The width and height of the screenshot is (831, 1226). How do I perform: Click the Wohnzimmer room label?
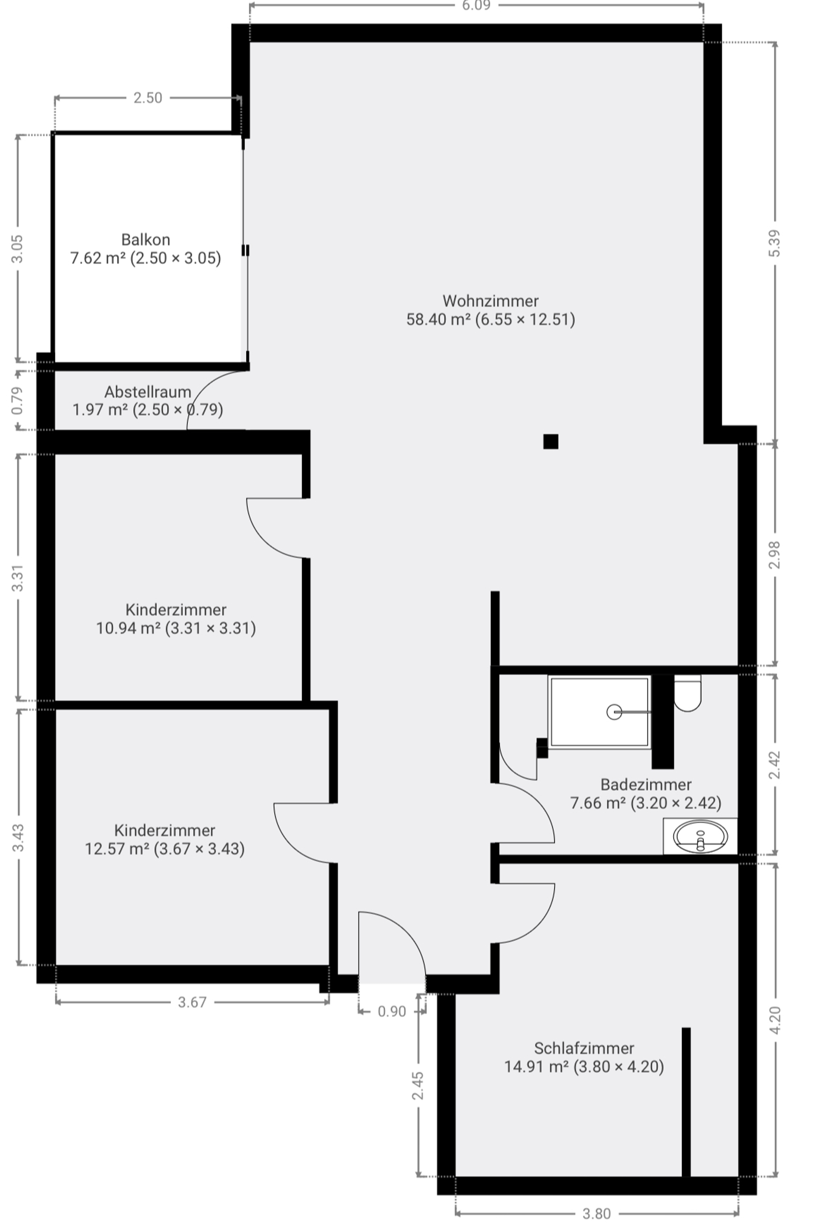[490, 301]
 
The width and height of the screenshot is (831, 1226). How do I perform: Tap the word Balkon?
[145, 239]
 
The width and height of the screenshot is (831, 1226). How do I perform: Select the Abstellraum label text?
[148, 392]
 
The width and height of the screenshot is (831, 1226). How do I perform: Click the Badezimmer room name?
[645, 784]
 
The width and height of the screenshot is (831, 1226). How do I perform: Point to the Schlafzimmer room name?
[584, 1048]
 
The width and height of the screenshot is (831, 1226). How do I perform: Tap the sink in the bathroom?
[700, 836]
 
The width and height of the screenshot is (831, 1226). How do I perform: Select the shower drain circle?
[614, 712]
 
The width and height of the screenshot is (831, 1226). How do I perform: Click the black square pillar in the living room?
[551, 442]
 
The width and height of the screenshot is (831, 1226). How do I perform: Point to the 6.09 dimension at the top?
[476, 6]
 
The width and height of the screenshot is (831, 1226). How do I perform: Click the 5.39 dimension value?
[775, 243]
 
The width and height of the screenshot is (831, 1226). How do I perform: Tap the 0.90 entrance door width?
[392, 1011]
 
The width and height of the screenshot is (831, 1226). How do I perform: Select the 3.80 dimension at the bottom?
[596, 1214]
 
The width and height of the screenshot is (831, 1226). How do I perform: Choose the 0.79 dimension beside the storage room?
[17, 401]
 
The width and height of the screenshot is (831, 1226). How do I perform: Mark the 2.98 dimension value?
[775, 555]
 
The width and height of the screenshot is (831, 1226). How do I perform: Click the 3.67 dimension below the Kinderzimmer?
[192, 1002]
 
